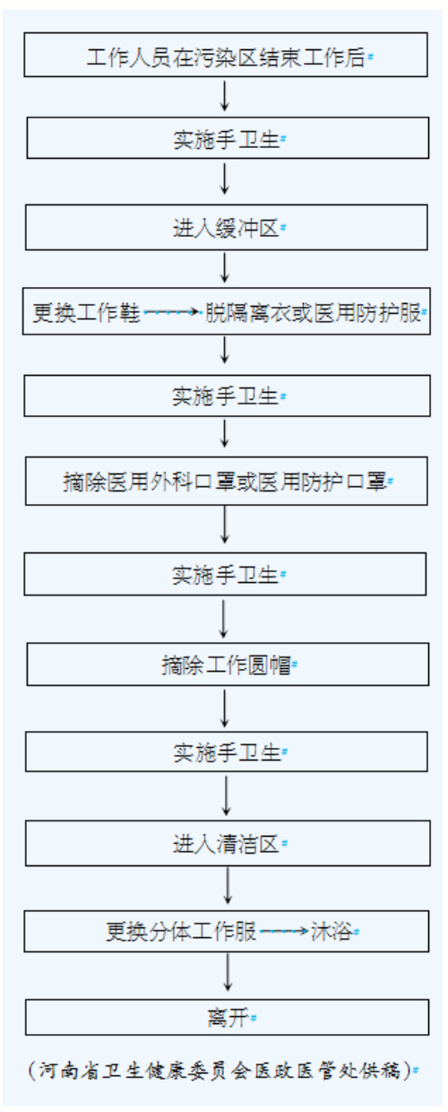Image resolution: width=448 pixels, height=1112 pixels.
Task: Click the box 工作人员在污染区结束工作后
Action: coord(226,55)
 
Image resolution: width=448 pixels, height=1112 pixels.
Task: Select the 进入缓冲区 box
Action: coord(226,228)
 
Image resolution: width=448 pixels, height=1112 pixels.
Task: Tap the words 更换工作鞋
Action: coord(86,313)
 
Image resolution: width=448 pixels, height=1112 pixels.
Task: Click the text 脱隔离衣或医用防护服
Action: coord(313,313)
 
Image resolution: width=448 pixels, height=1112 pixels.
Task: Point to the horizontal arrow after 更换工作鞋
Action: coord(172,312)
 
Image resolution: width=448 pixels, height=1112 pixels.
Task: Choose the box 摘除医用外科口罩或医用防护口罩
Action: coord(226,481)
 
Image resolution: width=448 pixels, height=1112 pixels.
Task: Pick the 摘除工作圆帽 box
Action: coord(228,665)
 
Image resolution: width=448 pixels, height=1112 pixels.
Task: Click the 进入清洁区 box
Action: coord(228,844)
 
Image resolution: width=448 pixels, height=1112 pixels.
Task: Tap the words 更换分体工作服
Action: coord(181,931)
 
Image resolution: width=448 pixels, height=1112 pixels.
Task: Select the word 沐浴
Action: coord(331,931)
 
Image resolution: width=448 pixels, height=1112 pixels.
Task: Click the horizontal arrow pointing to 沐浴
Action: coord(284,931)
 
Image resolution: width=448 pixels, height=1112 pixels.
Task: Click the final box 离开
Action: coord(228,1018)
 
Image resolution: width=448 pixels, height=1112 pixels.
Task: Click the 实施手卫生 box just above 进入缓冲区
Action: coord(228,138)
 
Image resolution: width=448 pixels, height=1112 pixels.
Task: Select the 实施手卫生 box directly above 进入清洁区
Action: coord(226,751)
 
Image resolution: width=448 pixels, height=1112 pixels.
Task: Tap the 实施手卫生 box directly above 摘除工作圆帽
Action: coord(225,574)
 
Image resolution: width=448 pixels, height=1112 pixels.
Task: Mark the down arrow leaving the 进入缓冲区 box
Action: coord(225,268)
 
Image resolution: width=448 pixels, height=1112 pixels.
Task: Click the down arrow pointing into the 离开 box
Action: coord(228,973)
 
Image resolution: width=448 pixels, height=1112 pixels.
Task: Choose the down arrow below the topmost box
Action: coord(225,96)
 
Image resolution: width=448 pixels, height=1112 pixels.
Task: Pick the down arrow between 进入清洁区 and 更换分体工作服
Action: coord(228,886)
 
